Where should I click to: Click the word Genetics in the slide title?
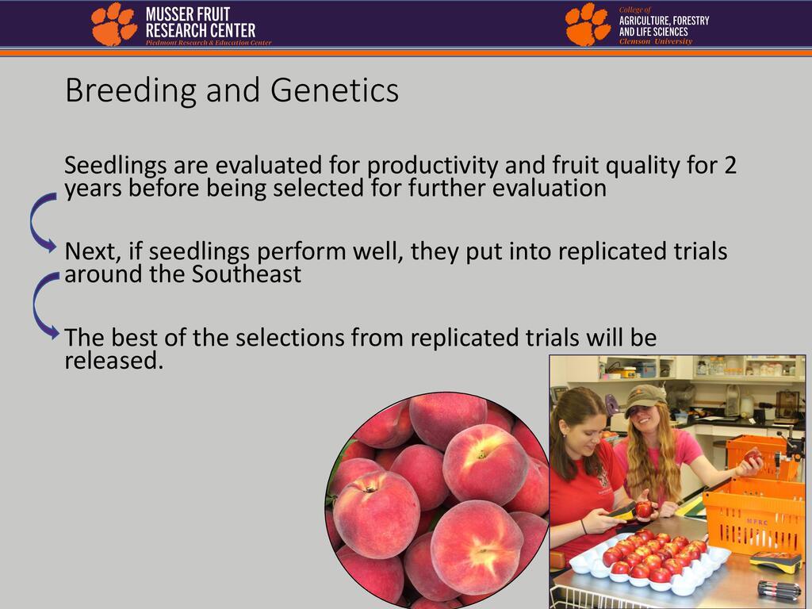[x=335, y=90]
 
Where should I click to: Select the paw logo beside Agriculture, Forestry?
[x=588, y=24]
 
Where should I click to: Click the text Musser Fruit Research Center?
[x=201, y=22]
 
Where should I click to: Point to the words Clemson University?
[x=656, y=41]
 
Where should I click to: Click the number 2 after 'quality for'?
[x=730, y=165]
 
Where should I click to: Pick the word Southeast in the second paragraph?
[x=247, y=274]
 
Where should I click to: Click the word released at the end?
[x=114, y=361]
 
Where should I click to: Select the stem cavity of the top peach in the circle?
[x=481, y=454]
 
